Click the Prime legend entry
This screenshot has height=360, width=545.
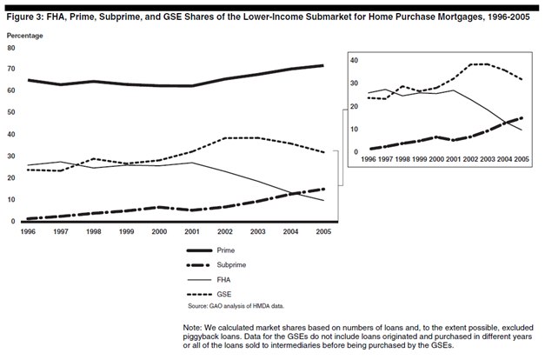(210, 250)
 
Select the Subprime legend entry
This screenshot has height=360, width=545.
(216, 265)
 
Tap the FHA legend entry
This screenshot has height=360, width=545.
(209, 280)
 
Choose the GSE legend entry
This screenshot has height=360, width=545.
(209, 295)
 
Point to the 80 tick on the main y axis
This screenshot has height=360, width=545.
(11, 48)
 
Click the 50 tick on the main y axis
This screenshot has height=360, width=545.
(11, 112)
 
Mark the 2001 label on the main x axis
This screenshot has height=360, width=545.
(192, 231)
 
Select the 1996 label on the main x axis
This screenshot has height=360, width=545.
(28, 231)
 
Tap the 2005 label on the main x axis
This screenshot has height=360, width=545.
(323, 231)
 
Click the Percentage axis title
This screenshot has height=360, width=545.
(24, 36)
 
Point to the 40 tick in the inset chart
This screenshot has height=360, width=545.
(354, 61)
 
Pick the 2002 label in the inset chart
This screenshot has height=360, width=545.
(470, 159)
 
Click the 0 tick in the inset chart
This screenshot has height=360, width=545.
(356, 152)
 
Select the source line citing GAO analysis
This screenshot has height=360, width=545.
(236, 306)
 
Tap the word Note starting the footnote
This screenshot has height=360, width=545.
(192, 328)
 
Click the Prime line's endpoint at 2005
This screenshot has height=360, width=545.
(322, 65)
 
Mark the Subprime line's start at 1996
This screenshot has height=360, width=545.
(28, 219)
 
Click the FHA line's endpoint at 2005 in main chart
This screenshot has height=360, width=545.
(323, 200)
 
